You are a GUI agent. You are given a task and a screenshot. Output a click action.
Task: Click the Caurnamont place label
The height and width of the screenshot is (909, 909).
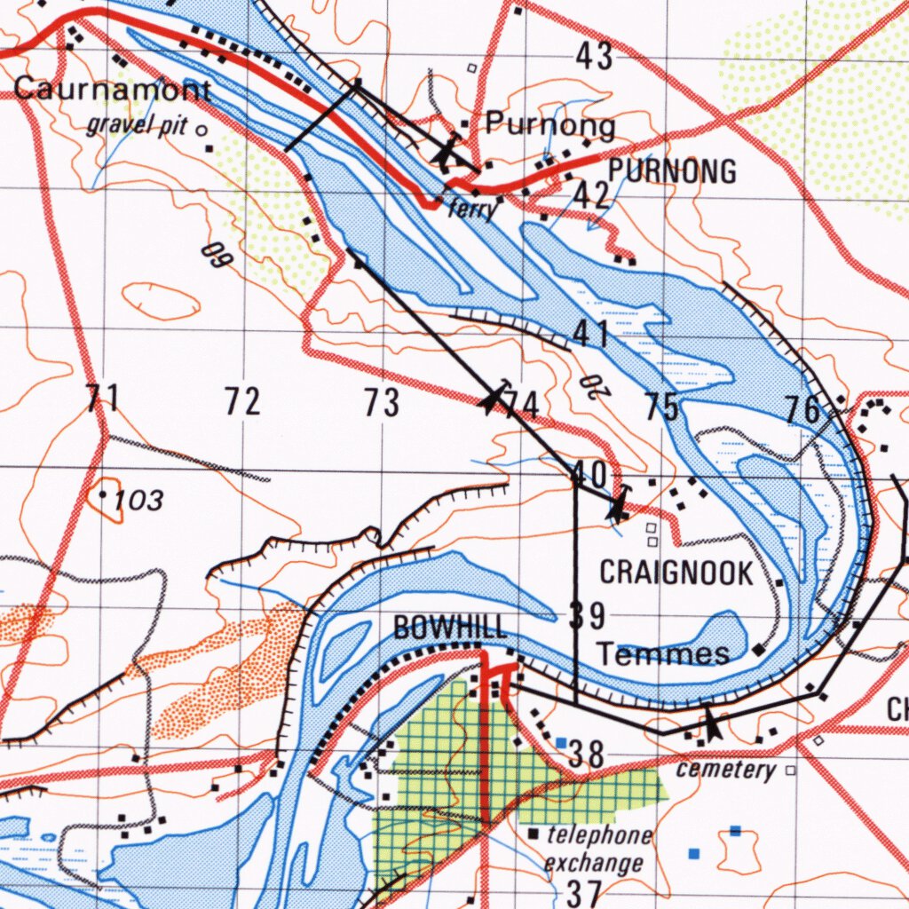click(x=113, y=90)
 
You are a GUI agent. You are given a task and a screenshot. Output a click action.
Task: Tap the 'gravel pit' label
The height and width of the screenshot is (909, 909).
click(x=137, y=125)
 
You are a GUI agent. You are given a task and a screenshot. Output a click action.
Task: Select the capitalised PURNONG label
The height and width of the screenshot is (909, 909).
click(x=672, y=170)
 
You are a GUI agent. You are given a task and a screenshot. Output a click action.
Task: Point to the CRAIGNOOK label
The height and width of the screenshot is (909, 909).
click(x=676, y=573)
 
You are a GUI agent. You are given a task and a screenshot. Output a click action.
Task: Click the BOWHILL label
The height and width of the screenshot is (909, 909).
click(x=450, y=628)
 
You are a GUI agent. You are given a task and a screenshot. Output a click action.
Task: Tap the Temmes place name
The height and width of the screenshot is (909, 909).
click(x=663, y=654)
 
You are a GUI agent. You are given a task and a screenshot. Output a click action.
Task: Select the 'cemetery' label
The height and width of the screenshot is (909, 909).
click(x=725, y=770)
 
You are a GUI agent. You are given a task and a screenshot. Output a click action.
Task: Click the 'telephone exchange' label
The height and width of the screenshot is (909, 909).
click(x=597, y=849)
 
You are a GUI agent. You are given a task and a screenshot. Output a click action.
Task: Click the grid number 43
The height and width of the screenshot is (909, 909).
click(x=594, y=57)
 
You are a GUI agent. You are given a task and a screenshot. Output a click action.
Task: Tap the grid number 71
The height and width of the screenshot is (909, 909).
click(x=103, y=399)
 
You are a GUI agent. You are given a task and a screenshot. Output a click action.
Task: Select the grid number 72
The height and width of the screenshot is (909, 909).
click(x=242, y=402)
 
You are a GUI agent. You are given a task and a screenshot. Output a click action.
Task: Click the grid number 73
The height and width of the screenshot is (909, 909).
click(x=382, y=403)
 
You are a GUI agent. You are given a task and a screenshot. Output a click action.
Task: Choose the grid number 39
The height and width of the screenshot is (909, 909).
click(x=587, y=614)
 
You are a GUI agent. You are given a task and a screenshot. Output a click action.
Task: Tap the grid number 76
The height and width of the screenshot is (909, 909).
click(x=804, y=410)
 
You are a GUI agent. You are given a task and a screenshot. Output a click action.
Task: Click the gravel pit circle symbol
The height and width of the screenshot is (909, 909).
click(x=202, y=130)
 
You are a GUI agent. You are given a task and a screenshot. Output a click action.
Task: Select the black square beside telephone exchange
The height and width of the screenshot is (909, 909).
click(x=534, y=834)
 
